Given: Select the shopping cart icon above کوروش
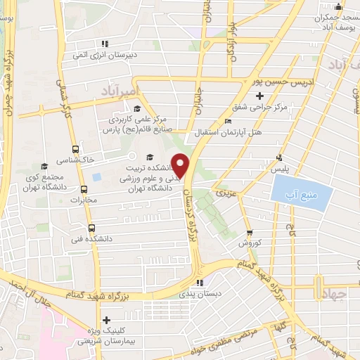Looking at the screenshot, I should (249, 232).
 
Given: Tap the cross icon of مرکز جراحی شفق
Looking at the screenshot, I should (259, 96).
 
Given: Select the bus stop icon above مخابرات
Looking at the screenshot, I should (84, 189).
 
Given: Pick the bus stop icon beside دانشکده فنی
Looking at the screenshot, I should (91, 228).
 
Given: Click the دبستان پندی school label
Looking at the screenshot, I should (200, 293).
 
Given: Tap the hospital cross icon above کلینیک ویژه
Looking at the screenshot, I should (106, 320).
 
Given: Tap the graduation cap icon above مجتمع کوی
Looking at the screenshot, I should (45, 167).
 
